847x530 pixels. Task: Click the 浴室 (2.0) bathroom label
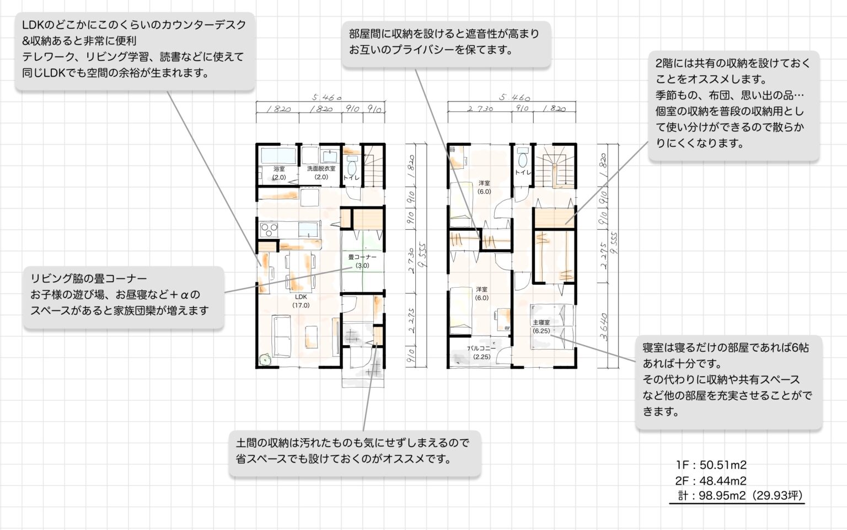click(x=279, y=173)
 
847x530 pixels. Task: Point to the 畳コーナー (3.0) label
click(x=362, y=261)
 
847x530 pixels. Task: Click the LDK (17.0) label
click(x=301, y=301)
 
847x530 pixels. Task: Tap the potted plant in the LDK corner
click(x=266, y=359)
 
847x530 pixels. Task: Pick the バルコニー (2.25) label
click(x=481, y=352)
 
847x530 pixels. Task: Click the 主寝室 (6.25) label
click(x=541, y=326)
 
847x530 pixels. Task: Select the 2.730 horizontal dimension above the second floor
click(x=480, y=109)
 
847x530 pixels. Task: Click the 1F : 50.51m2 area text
click(x=711, y=465)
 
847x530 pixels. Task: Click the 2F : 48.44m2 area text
click(x=711, y=480)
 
